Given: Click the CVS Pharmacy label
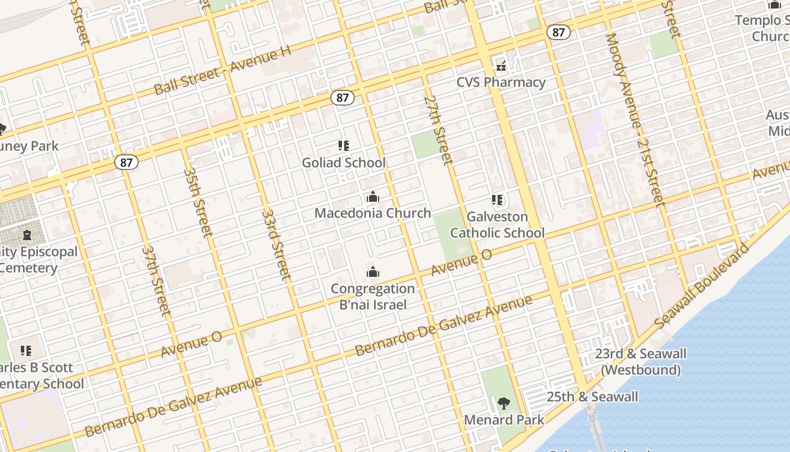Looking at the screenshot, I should (501, 82).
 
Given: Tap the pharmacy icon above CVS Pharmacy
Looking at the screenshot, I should (501, 66).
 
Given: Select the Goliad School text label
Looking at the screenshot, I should (344, 163).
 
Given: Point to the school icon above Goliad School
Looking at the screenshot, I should (344, 146).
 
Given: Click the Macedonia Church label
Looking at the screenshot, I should (372, 213).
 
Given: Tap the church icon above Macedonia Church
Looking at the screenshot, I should (372, 197).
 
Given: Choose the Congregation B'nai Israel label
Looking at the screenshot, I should (372, 297).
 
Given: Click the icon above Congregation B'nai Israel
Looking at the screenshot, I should (372, 272).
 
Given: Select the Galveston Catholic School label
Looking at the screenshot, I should (497, 225).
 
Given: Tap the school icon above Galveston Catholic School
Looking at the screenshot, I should (497, 200).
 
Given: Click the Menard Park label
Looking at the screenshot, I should (504, 420).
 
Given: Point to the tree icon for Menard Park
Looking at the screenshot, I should (504, 403).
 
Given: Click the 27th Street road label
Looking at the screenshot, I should (439, 130).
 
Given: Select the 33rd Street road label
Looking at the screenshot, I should (277, 244).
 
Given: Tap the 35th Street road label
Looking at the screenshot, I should (197, 202).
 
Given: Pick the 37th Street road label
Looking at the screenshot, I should (156, 280).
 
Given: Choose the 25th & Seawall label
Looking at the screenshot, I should (592, 397).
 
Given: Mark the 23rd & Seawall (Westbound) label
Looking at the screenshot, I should (640, 362).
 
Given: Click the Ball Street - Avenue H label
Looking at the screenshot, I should (222, 71).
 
